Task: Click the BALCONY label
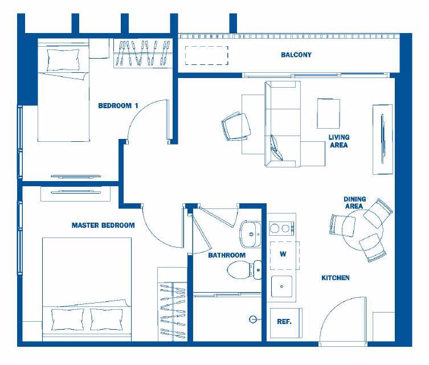296,55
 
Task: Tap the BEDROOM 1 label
118,105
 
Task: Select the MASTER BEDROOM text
103,225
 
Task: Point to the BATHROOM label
227,255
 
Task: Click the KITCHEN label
336,278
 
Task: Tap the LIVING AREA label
339,141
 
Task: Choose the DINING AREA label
354,203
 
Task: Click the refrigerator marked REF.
286,323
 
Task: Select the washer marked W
284,255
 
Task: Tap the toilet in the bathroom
244,269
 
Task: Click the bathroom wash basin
251,234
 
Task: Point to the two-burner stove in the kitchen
282,228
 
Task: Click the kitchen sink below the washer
281,286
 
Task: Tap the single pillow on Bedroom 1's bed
63,60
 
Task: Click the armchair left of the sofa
236,126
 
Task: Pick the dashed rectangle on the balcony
207,55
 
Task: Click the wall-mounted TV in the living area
383,139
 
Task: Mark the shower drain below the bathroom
253,319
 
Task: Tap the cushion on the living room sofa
276,147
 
